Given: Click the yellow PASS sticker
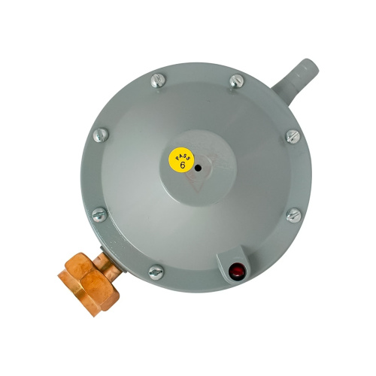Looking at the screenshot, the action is coord(181,160).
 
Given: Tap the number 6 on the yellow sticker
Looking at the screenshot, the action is coord(183,165).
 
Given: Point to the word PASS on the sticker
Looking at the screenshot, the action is coord(184,155).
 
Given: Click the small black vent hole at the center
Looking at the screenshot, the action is coord(198,168).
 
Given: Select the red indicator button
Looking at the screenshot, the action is coord(237,271).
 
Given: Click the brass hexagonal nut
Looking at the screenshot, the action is coord(89,284).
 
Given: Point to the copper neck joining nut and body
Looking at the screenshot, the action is coord(108,264).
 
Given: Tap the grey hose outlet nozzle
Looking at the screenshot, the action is coord(296,81).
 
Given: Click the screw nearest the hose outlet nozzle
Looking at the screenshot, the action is coord(237,81).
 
